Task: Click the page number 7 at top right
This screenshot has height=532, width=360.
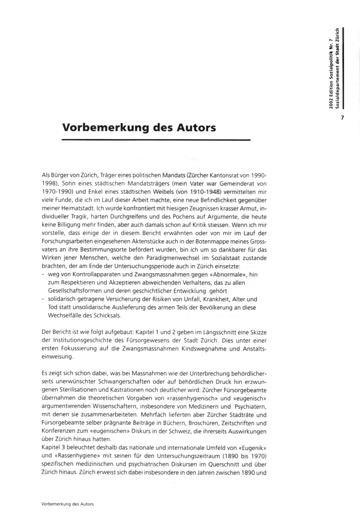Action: click(x=343, y=118)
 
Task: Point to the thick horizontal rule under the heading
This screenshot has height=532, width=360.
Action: click(x=156, y=140)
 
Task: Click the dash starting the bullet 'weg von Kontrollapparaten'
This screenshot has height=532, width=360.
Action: click(x=42, y=274)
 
